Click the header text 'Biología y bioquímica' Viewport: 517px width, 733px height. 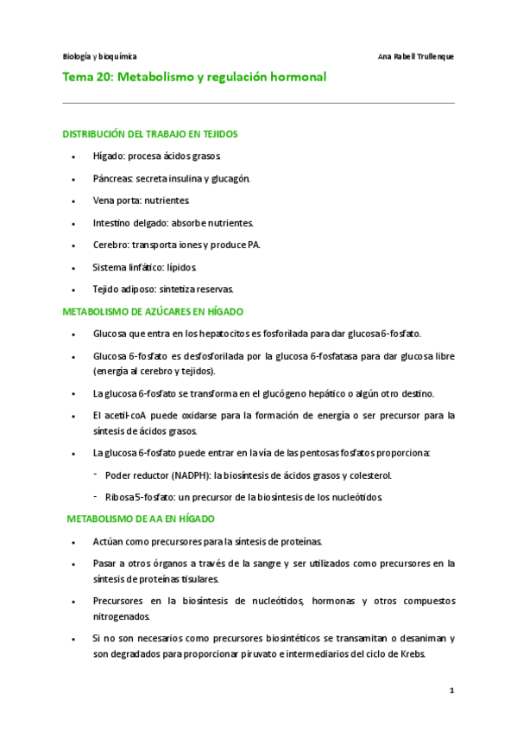[99, 56]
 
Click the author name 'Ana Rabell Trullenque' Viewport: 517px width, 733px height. [416, 56]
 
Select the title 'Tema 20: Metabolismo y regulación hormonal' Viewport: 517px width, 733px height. [195, 78]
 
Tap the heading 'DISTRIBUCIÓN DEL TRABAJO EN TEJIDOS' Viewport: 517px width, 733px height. [151, 134]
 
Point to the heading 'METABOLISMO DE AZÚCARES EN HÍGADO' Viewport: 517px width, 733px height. [153, 311]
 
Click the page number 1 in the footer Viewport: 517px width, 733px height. [451, 692]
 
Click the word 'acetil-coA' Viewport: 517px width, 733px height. [127, 416]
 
